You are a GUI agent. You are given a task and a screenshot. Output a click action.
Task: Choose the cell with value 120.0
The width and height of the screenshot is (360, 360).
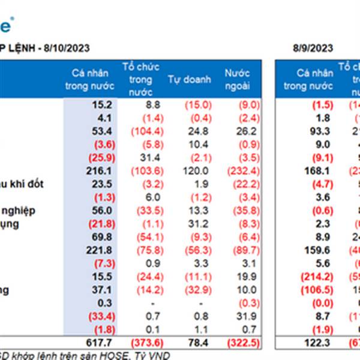pos(183,171)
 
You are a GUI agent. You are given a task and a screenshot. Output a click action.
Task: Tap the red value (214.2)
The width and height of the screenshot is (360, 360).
pos(313,277)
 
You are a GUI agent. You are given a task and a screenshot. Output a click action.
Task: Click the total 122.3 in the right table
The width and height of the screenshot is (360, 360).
pos(314,341)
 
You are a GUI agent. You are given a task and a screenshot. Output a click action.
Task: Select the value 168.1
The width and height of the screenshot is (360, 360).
pos(314,171)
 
